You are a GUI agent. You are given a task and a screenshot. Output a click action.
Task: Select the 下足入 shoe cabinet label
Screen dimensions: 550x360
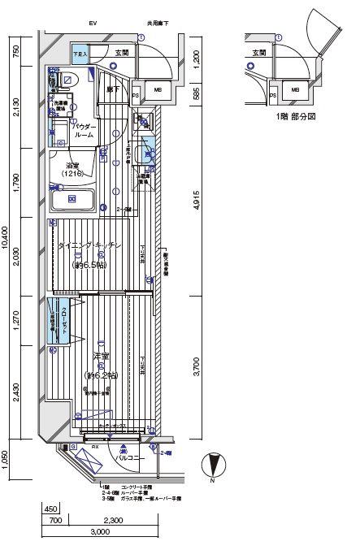click(x=80, y=54)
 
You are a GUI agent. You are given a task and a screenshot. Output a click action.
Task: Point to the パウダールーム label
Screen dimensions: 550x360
click(x=84, y=132)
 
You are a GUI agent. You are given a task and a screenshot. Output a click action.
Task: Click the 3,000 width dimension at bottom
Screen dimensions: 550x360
click(x=100, y=531)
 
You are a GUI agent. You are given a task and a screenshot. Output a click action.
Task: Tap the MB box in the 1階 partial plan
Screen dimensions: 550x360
click(x=295, y=89)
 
